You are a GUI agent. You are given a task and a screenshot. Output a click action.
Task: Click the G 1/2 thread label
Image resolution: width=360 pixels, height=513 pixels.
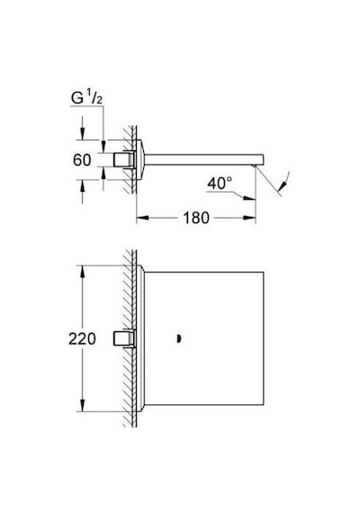[86, 98]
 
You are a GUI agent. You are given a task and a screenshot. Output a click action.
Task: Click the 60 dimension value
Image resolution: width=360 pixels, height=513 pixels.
[82, 160]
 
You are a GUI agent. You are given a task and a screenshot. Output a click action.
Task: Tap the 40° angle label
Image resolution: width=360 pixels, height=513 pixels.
[220, 184]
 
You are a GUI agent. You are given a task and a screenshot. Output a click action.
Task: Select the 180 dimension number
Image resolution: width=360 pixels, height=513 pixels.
[195, 218]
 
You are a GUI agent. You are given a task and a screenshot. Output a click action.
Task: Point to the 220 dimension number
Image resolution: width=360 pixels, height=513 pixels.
[82, 338]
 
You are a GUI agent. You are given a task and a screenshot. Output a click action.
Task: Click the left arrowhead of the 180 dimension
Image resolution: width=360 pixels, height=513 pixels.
[142, 218]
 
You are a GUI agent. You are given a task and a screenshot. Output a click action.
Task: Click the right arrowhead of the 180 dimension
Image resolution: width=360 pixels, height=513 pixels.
[249, 218]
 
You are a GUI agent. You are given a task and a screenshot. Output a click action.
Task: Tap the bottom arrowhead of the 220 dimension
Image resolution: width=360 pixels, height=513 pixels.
[83, 405]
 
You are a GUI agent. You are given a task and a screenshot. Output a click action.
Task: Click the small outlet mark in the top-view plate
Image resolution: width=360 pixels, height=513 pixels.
[178, 339]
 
